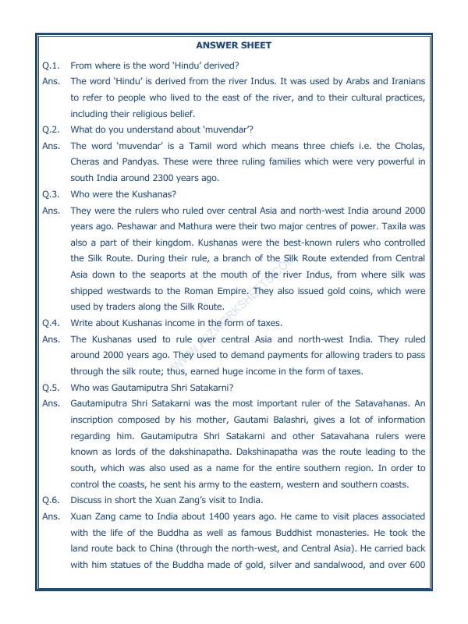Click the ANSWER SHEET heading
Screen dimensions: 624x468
click(234, 45)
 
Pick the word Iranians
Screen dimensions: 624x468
click(402, 80)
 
